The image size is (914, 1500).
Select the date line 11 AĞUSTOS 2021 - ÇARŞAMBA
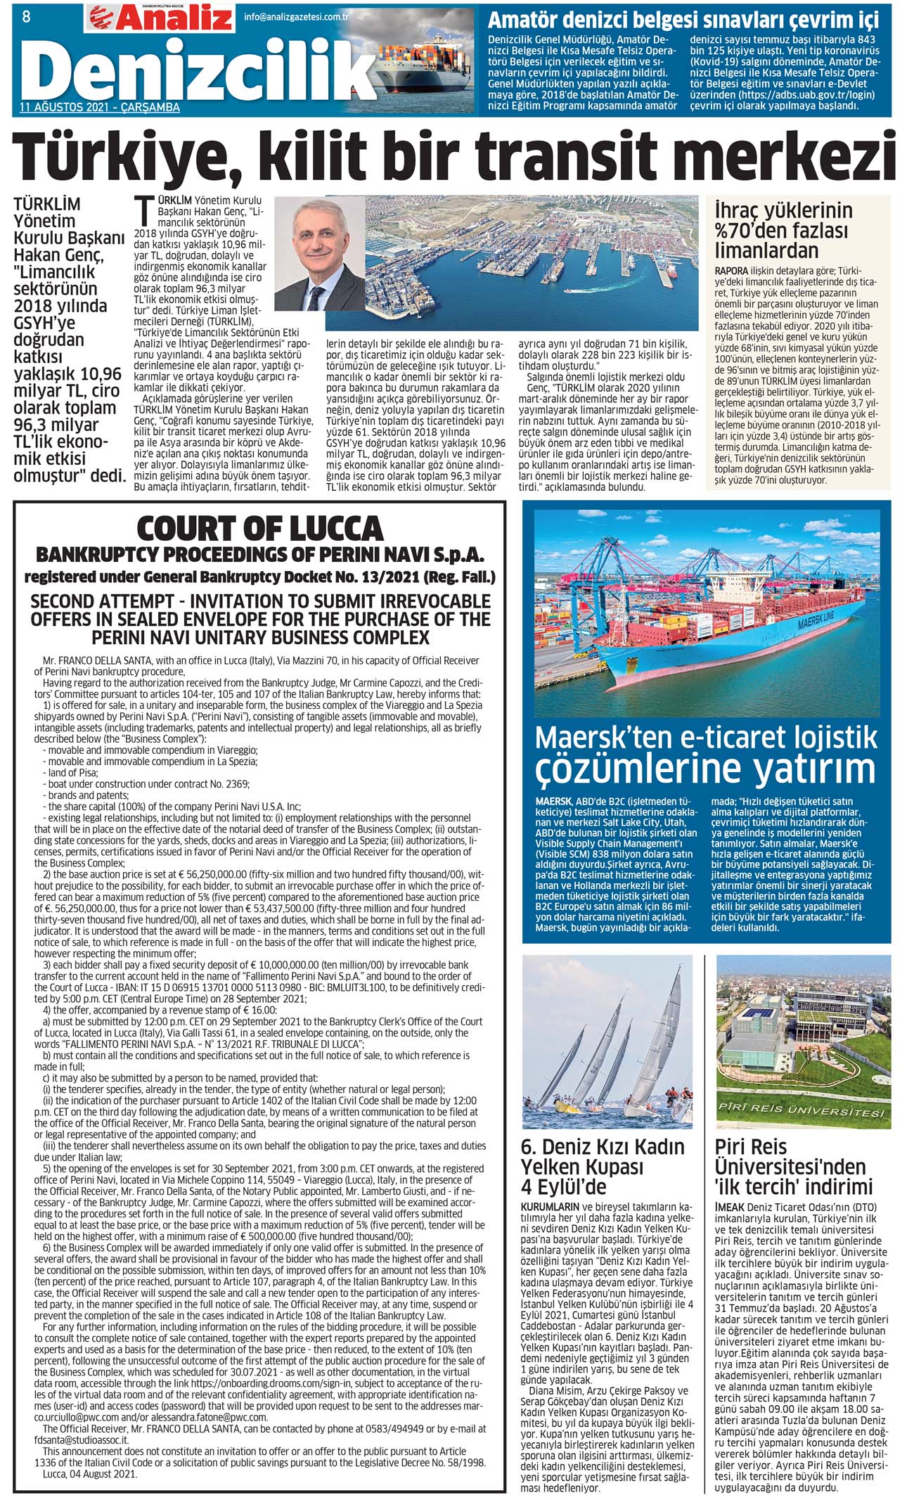(x=100, y=108)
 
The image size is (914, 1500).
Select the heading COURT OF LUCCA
(x=260, y=528)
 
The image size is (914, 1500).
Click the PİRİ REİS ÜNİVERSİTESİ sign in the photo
(x=801, y=1110)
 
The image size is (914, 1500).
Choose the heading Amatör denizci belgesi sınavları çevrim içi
(x=683, y=20)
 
